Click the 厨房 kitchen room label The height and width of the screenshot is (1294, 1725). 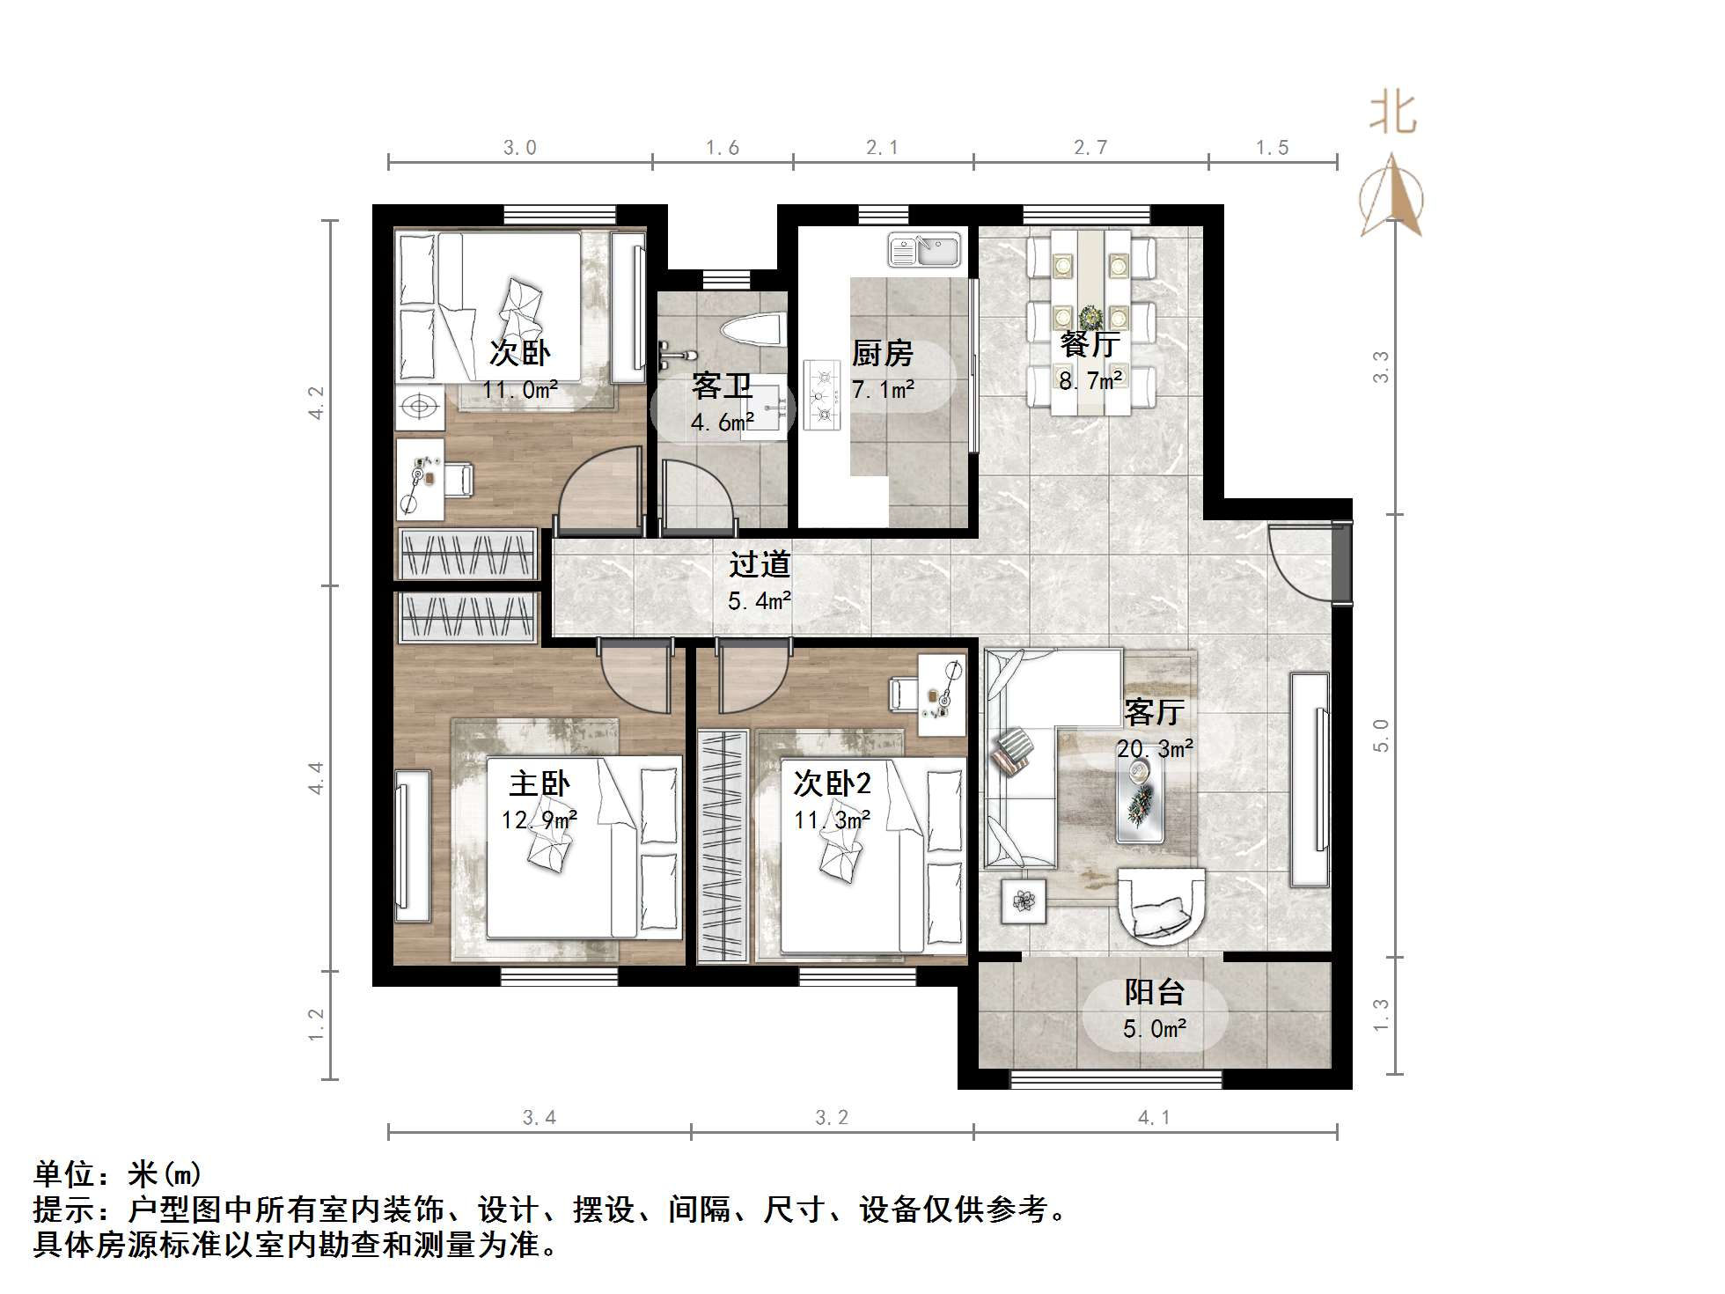click(882, 354)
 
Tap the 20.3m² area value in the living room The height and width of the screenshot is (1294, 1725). click(1155, 749)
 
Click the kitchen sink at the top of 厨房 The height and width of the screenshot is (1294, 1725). click(924, 250)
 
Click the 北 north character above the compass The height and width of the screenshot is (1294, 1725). click(1392, 114)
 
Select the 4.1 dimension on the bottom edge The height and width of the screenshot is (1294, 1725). click(1154, 1118)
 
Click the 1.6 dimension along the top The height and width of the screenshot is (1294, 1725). click(723, 148)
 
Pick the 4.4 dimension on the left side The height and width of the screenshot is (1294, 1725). click(316, 778)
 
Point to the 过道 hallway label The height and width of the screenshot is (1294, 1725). click(760, 565)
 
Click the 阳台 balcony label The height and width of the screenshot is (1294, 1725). click(1155, 993)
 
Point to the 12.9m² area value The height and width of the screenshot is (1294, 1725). click(540, 820)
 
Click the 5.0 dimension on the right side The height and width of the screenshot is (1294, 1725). click(1382, 735)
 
